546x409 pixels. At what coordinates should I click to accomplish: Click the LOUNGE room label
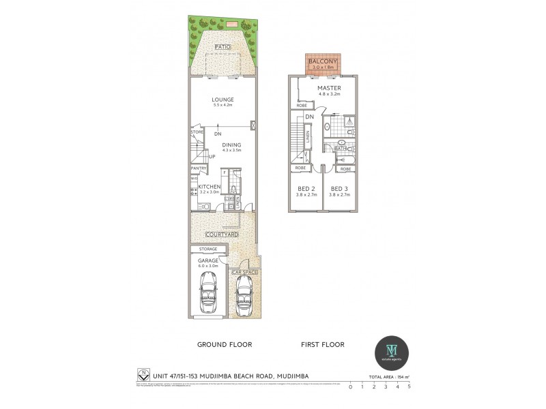[222, 100]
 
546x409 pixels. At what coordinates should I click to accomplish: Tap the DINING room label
[231, 145]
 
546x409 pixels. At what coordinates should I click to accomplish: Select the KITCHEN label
[210, 186]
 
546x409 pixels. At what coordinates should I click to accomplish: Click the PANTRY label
[199, 168]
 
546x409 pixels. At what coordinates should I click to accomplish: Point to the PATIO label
[222, 47]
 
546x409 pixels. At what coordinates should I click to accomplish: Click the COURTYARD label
[222, 235]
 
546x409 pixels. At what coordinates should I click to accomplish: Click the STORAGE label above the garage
[208, 249]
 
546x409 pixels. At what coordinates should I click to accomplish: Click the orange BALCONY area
[324, 64]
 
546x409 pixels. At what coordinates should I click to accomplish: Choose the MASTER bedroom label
[329, 88]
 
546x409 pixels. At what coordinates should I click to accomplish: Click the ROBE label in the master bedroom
[302, 106]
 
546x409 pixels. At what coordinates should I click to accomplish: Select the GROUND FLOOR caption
[225, 345]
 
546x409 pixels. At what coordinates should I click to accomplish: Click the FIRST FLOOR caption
[323, 345]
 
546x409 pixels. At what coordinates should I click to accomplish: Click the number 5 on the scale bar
[409, 387]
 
